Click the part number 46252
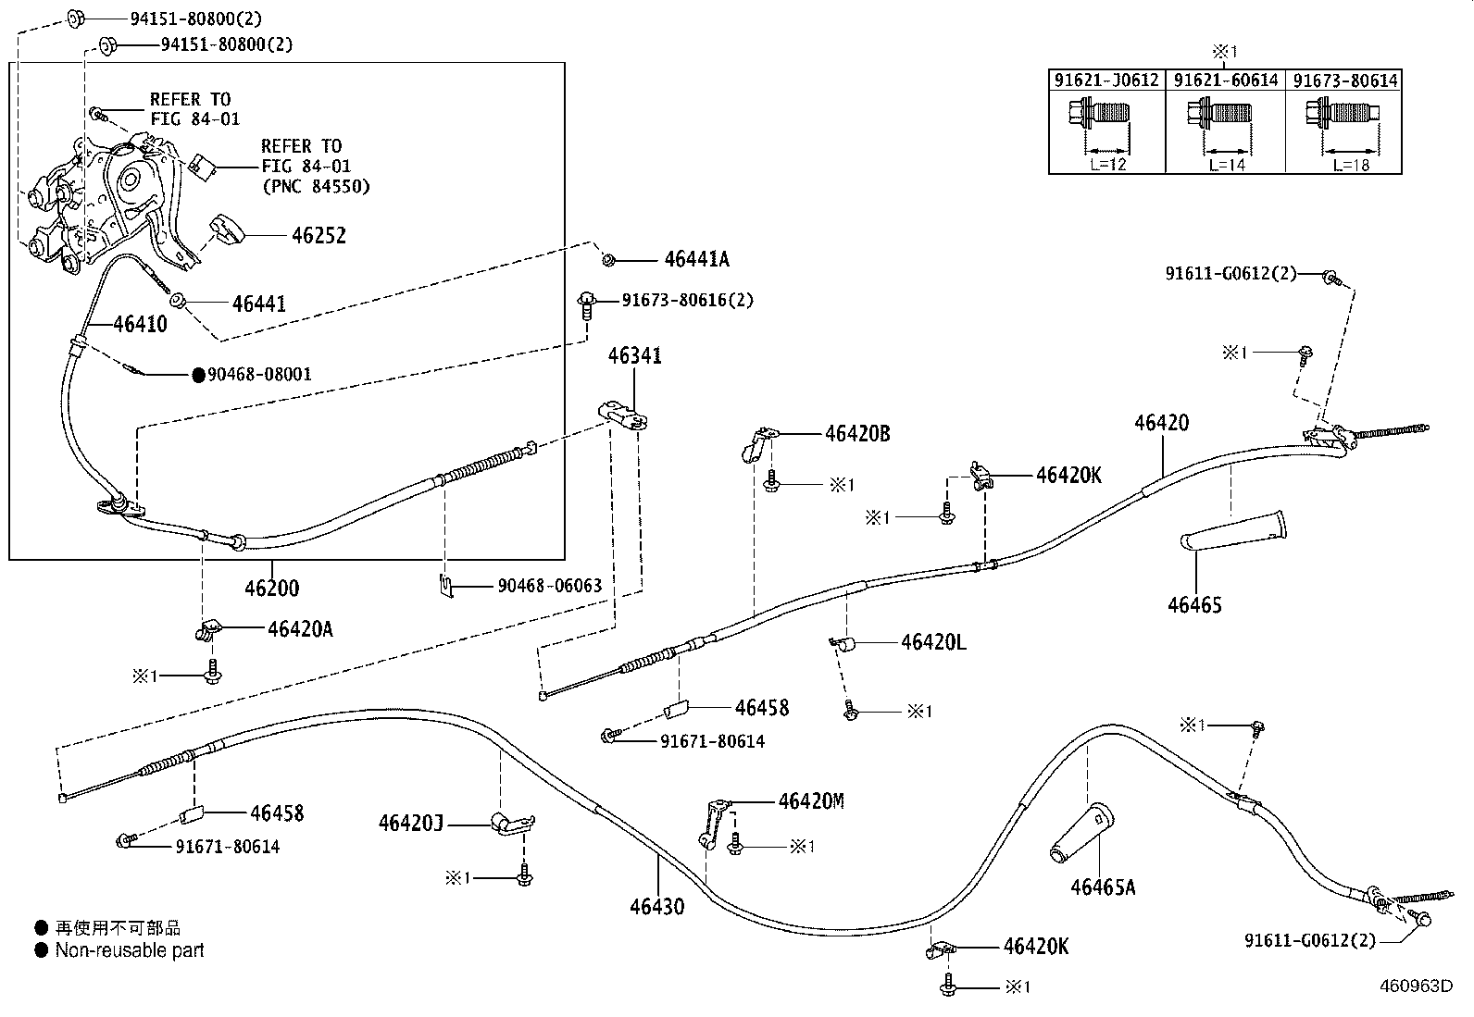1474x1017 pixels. (318, 236)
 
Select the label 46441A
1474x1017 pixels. (695, 260)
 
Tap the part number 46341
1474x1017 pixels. (634, 356)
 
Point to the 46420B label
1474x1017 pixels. (857, 433)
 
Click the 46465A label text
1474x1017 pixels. (1102, 887)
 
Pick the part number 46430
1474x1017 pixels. (656, 906)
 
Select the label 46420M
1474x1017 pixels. (811, 801)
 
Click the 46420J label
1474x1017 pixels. (410, 822)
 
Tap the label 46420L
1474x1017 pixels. (933, 642)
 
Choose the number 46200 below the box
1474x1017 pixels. (271, 588)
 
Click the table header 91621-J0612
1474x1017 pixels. (1106, 81)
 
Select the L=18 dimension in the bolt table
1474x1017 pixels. (1351, 165)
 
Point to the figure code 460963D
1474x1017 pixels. (1415, 986)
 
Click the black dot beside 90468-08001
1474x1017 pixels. (198, 375)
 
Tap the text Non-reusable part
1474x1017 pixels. (130, 949)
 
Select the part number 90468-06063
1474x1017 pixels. (549, 586)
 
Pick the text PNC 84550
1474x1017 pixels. (317, 186)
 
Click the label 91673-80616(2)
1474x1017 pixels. (687, 301)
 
